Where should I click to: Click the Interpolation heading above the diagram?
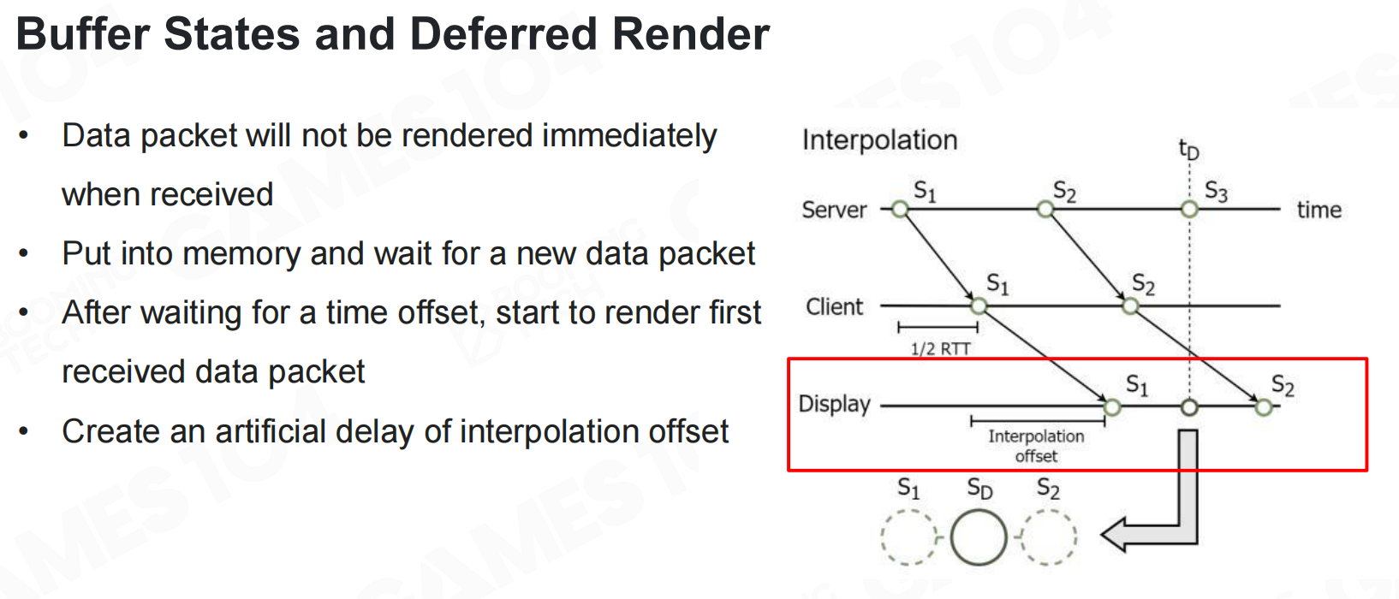tap(879, 140)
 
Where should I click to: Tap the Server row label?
tap(834, 210)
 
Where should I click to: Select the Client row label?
tap(834, 306)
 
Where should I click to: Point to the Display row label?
tap(834, 404)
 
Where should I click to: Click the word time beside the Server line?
tap(1319, 210)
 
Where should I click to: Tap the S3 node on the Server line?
tap(1189, 209)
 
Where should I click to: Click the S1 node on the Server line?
tap(900, 209)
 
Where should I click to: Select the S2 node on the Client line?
tap(1130, 305)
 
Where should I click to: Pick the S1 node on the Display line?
tap(1112, 407)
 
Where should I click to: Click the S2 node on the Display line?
tap(1264, 407)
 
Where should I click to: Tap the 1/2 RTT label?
tap(940, 349)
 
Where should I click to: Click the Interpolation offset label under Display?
tap(1036, 446)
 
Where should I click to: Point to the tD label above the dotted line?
tap(1188, 151)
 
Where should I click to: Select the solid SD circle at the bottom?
tap(979, 537)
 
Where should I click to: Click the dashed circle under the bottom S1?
tap(908, 537)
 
